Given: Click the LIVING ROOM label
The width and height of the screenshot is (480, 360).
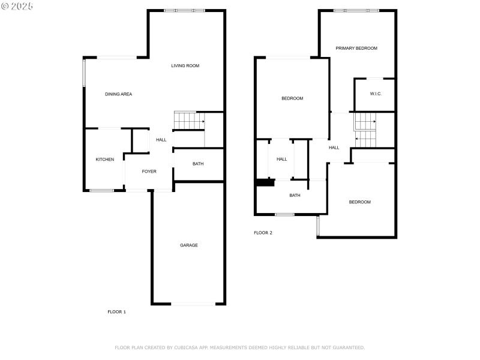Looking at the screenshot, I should [x=185, y=66].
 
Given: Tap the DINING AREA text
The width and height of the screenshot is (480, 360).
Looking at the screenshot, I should [x=118, y=94].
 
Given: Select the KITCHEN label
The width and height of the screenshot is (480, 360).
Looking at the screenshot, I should [x=104, y=160].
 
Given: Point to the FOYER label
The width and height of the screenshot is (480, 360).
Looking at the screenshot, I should [x=149, y=172].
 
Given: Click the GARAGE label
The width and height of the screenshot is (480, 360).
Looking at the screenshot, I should [x=189, y=245].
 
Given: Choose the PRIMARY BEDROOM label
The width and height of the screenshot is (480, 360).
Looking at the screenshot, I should [x=356, y=48].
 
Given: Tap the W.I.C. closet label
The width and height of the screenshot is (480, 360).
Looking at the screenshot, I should [x=376, y=94].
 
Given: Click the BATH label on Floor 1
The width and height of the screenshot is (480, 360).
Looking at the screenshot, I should [x=198, y=164].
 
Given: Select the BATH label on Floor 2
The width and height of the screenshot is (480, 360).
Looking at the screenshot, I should [x=295, y=195].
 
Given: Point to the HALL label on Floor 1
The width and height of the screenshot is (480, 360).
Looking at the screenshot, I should [x=161, y=140].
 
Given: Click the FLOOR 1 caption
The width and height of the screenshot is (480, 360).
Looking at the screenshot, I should [x=116, y=312].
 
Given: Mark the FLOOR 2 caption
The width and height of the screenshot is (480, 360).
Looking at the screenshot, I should [x=263, y=233].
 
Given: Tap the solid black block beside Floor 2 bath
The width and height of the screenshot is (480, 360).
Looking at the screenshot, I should [x=262, y=183].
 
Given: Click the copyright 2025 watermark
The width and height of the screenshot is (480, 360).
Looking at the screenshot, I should [x=17, y=5].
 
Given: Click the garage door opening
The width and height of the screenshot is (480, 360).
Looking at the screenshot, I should [x=193, y=304].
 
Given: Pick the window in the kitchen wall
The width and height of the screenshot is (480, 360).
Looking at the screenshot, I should [x=101, y=191].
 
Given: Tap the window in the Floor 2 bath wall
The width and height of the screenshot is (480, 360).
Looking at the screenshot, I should [x=284, y=214].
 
